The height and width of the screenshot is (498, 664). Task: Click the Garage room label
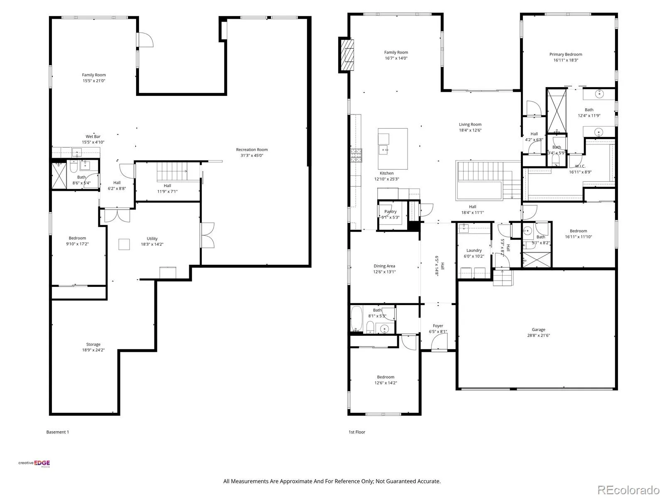coord(538,330)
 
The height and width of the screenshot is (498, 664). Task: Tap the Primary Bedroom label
coord(565,54)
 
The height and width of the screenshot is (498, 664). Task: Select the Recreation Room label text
coord(251,150)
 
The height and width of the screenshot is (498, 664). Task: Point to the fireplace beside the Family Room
coord(347,55)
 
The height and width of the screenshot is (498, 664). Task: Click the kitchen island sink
coord(384,150)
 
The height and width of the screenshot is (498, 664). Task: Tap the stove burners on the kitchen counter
coord(356,155)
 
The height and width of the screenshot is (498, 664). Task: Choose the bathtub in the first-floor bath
coord(356,319)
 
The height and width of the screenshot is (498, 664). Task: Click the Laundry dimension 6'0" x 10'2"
coord(474,256)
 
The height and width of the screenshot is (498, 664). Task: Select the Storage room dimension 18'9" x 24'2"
coord(93,350)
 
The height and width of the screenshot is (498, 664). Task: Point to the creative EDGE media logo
coord(34,464)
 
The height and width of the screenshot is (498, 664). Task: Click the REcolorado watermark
coord(628,490)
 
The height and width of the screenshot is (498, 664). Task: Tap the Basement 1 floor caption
coord(57,432)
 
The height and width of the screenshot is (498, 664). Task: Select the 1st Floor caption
coord(356,432)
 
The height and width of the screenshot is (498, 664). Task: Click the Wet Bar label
coord(93,137)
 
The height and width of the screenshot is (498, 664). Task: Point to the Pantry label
coord(390,212)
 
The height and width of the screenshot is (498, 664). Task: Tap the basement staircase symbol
coord(172,172)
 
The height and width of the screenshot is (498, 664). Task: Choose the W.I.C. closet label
coord(580,166)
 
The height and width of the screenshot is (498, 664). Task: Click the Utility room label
coord(152,239)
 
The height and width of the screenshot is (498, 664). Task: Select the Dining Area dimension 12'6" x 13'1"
coord(384,272)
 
